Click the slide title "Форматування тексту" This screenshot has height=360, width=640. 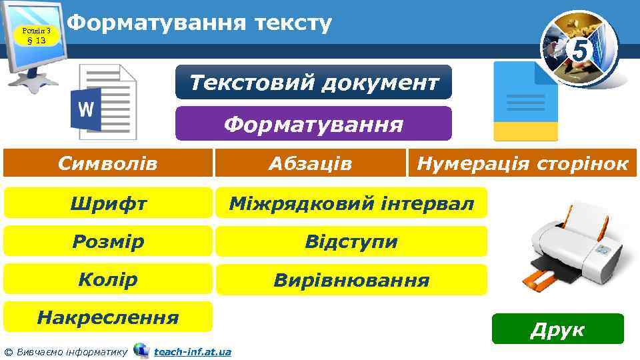[199, 23]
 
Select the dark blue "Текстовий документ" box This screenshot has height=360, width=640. [313, 83]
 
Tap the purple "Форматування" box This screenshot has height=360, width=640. [313, 124]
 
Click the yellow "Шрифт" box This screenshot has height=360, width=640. [108, 203]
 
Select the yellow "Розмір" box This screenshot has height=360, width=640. [108, 241]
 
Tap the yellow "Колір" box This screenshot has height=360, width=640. [108, 279]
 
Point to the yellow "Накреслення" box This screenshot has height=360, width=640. [108, 317]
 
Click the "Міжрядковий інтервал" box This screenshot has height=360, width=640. [351, 203]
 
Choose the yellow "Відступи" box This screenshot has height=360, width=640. [351, 241]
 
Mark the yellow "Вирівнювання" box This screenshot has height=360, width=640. [351, 279]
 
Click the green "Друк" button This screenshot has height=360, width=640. [557, 329]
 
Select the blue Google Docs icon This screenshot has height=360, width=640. [525, 101]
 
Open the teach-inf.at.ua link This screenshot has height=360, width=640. [192, 351]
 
